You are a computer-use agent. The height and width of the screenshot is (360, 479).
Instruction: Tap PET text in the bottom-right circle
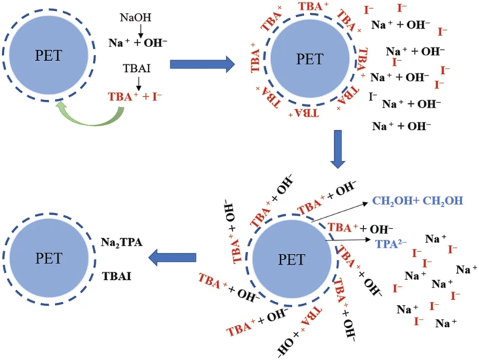coord(290,260)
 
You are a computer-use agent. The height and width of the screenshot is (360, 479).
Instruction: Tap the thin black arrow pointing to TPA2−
coord(348,240)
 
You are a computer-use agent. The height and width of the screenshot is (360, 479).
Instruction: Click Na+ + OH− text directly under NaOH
coord(135,42)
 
